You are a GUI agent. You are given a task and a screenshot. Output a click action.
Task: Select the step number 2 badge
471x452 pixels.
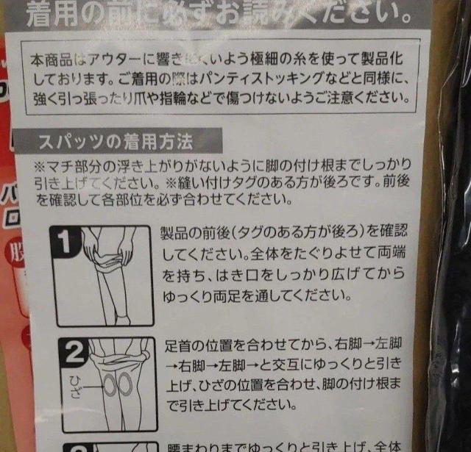73,355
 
